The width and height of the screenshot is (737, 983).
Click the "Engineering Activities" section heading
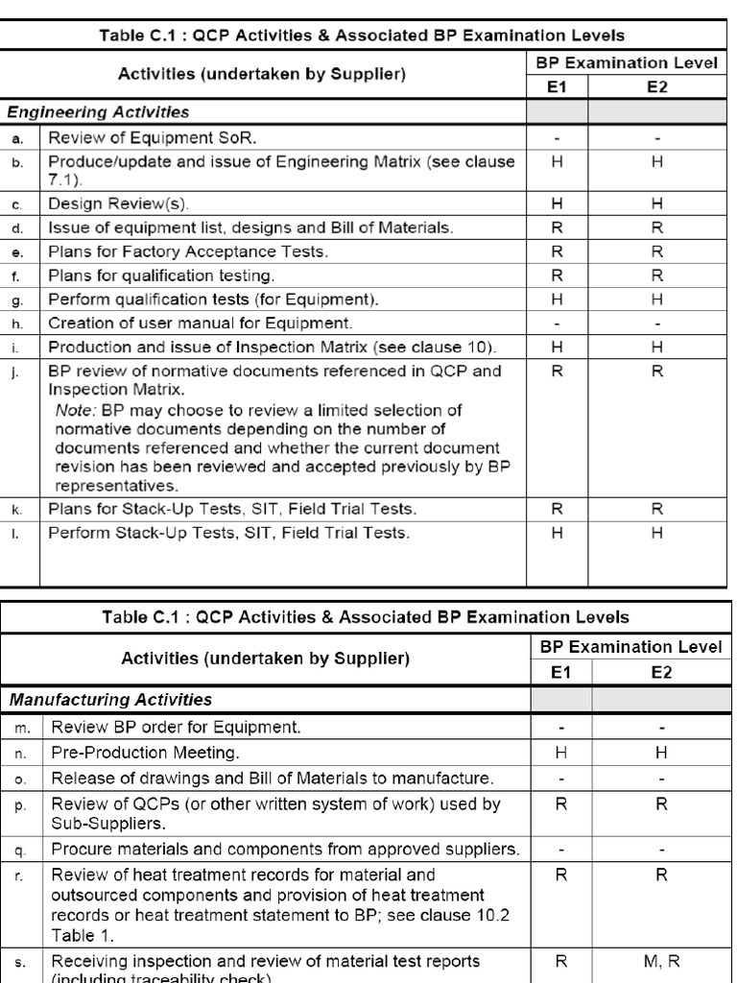click(x=99, y=112)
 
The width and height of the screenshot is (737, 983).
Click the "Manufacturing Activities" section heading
click(x=110, y=700)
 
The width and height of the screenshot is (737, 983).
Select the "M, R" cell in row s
click(x=661, y=961)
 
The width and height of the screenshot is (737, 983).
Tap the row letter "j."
click(x=16, y=371)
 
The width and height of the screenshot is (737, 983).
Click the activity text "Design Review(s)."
click(x=119, y=204)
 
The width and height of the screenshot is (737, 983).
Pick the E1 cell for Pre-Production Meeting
click(x=561, y=753)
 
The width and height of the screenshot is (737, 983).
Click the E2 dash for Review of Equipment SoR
click(x=657, y=138)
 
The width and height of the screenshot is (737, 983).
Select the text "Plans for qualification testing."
click(x=161, y=276)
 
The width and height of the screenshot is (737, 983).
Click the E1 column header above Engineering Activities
click(x=558, y=86)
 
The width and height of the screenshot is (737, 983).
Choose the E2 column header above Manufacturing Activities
click(x=661, y=673)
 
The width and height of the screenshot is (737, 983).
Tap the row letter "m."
click(x=22, y=728)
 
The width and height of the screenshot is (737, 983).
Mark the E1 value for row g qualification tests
click(x=558, y=299)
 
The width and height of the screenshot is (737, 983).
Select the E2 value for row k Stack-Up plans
click(x=657, y=509)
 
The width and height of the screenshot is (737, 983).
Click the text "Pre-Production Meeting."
click(x=145, y=753)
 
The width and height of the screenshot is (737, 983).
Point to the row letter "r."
click(x=22, y=875)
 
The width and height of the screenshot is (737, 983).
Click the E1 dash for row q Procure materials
click(x=561, y=850)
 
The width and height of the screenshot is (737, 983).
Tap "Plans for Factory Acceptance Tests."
click(x=188, y=252)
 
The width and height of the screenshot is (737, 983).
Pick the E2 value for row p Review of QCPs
click(x=661, y=803)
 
